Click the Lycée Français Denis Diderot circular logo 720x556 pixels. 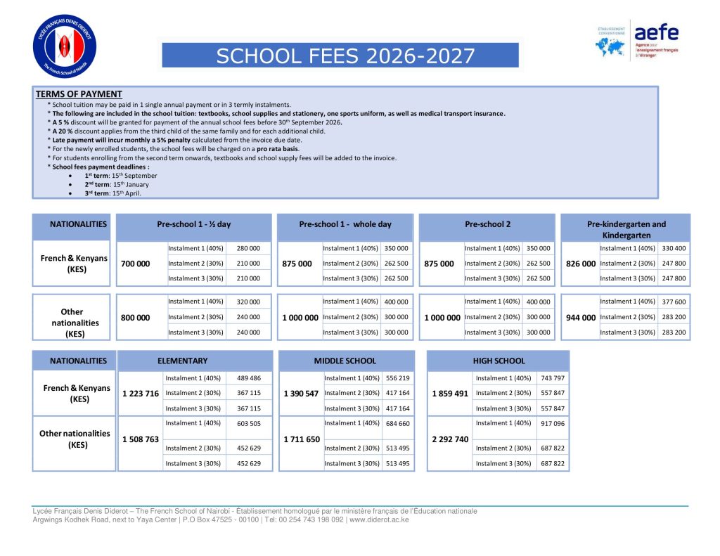pos(64,46)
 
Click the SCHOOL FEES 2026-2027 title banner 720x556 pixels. pos(340,56)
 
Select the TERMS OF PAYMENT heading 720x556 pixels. pos(79,94)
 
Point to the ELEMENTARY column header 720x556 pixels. pos(182,361)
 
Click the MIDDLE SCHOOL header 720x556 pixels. pos(345,361)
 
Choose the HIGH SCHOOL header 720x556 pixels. pos(499,361)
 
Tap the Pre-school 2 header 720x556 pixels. pos(487,224)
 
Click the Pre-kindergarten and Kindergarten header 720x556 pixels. pos(626,229)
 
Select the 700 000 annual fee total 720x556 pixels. pos(136,264)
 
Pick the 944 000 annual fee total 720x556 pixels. pos(581,318)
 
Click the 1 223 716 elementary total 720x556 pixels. pos(141,394)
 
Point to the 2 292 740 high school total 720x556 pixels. pos(450,439)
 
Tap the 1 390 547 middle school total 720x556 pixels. pos(301,394)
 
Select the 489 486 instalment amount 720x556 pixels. pos(249,378)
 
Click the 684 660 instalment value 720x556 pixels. pos(398,423)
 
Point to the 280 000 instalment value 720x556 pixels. pos(247,248)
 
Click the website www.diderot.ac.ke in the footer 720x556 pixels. pos(379,520)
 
